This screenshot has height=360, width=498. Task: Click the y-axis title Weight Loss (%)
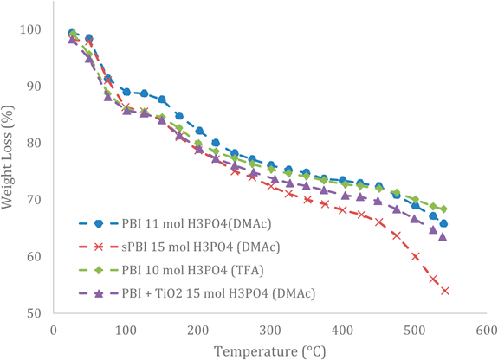point(11,170)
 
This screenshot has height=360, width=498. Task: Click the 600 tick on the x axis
point(485,330)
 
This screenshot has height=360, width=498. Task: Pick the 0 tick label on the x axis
point(54,330)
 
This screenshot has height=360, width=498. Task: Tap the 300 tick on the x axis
point(269,330)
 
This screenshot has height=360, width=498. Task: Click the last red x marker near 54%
point(445,291)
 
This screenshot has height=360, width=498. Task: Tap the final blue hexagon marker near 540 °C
point(443,223)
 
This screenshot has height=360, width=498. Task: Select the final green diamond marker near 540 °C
point(443,209)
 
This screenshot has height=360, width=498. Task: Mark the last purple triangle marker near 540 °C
point(443,236)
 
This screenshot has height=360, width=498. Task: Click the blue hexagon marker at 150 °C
point(162,100)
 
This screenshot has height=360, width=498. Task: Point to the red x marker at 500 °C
point(416,256)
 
